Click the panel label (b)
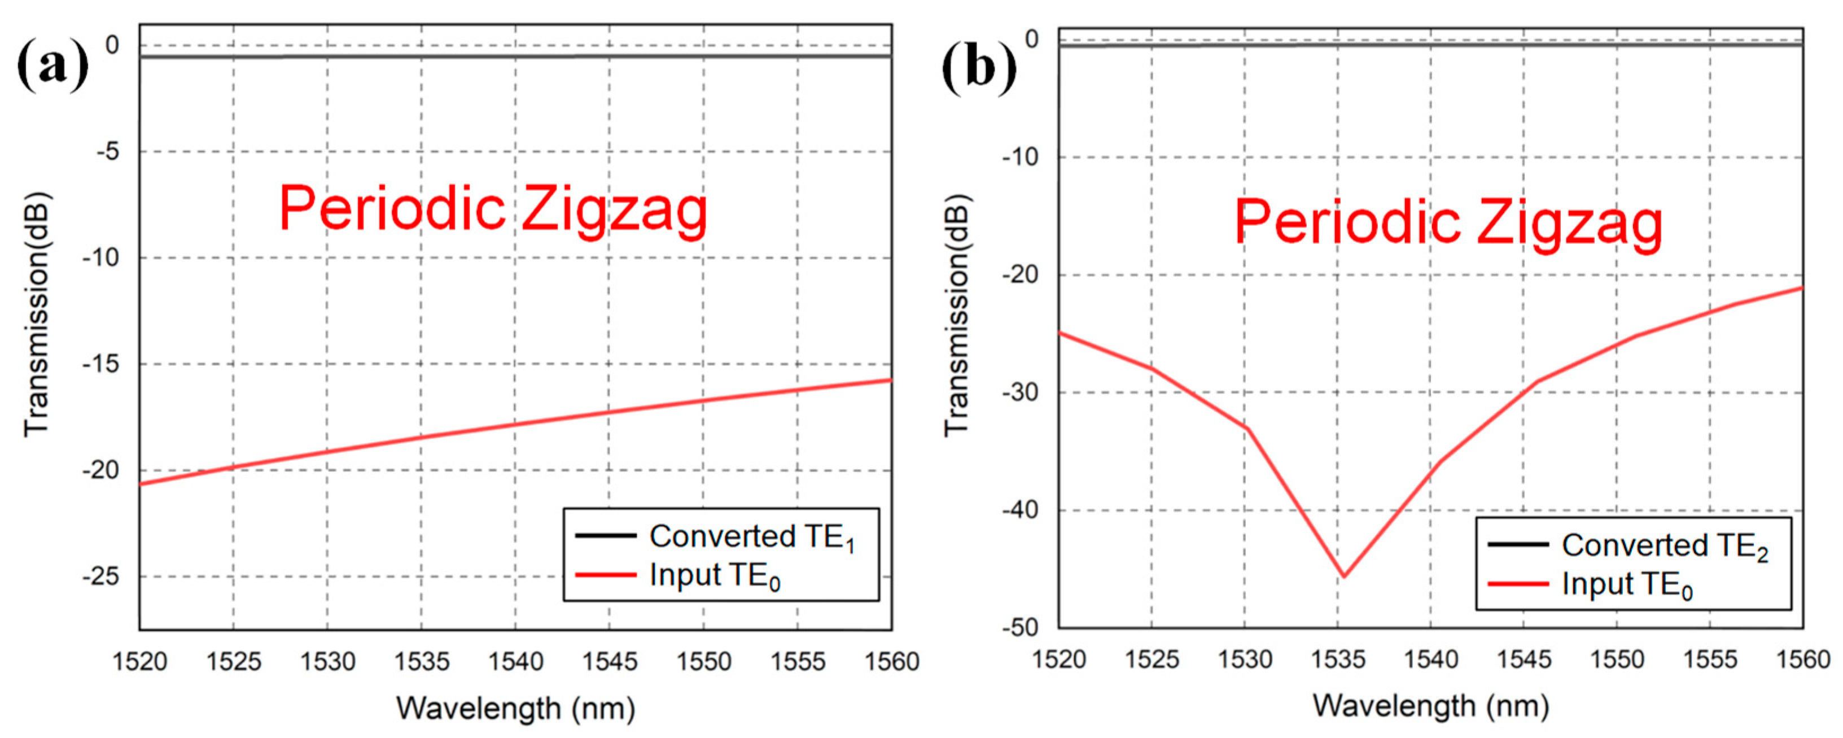click(978, 69)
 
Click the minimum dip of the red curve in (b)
click(1343, 576)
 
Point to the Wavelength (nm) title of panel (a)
click(516, 709)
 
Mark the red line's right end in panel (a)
click(891, 380)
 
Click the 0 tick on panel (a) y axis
click(112, 46)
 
